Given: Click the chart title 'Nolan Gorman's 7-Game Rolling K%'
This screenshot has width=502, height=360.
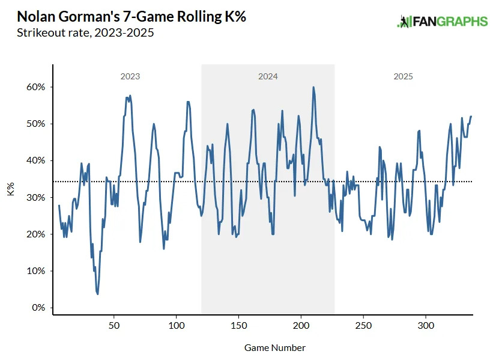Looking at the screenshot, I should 132,16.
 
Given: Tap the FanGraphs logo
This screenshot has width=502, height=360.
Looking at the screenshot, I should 442,22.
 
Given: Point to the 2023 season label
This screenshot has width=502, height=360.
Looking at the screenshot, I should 130,77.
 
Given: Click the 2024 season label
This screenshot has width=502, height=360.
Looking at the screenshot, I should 268,77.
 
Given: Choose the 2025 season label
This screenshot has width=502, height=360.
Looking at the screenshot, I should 403,77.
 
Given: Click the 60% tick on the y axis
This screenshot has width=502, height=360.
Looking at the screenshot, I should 35,87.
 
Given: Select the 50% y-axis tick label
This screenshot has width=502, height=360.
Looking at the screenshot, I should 35,124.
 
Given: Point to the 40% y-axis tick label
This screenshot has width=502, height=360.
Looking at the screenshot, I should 35,160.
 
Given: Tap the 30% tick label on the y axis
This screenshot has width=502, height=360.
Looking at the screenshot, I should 35,198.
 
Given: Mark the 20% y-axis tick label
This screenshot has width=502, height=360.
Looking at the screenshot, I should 35,234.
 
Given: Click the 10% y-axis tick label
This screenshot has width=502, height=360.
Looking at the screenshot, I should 35,271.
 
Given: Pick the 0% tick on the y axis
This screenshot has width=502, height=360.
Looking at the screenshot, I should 38,308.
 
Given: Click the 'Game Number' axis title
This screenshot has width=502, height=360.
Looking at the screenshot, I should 274,348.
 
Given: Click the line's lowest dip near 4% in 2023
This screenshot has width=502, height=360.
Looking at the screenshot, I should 97,294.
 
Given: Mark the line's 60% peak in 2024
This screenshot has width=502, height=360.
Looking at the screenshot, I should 313,87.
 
